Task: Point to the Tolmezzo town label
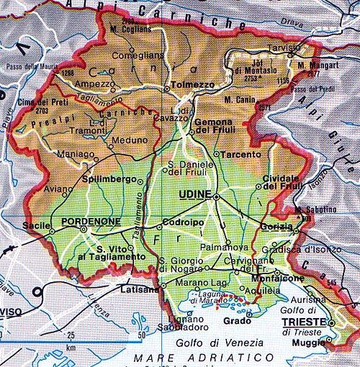pos(191,84)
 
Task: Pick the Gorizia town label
pos(274,226)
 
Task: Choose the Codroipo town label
pos(184,222)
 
